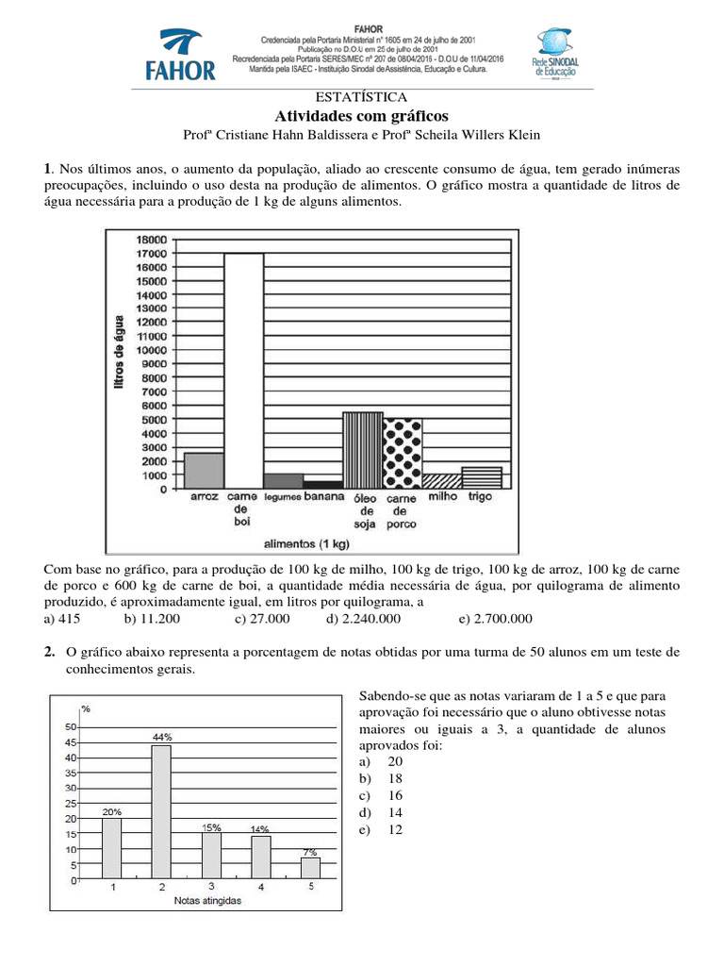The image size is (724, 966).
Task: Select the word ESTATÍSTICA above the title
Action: pos(362,97)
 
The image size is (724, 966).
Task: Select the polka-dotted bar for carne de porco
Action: pos(402,452)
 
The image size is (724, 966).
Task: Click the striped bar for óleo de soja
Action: pos(362,449)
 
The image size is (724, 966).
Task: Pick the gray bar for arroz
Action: pos(204,469)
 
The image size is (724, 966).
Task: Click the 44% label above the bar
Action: pos(161,735)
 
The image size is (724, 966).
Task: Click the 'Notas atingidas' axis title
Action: pos(207,902)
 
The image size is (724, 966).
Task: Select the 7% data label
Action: pos(310,851)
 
